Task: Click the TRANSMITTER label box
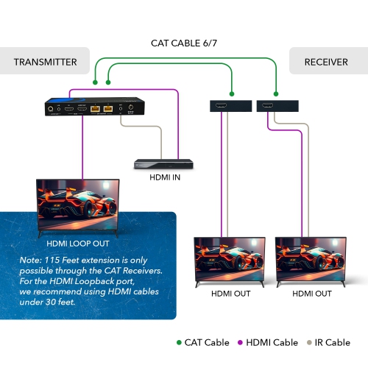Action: [x=45, y=62]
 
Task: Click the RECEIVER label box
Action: [x=326, y=62]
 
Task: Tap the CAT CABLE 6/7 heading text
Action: [x=184, y=43]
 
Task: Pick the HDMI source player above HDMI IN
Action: [x=163, y=163]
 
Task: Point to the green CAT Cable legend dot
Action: [x=179, y=342]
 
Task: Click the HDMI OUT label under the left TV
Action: [x=230, y=294]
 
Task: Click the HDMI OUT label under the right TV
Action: [x=313, y=294]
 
